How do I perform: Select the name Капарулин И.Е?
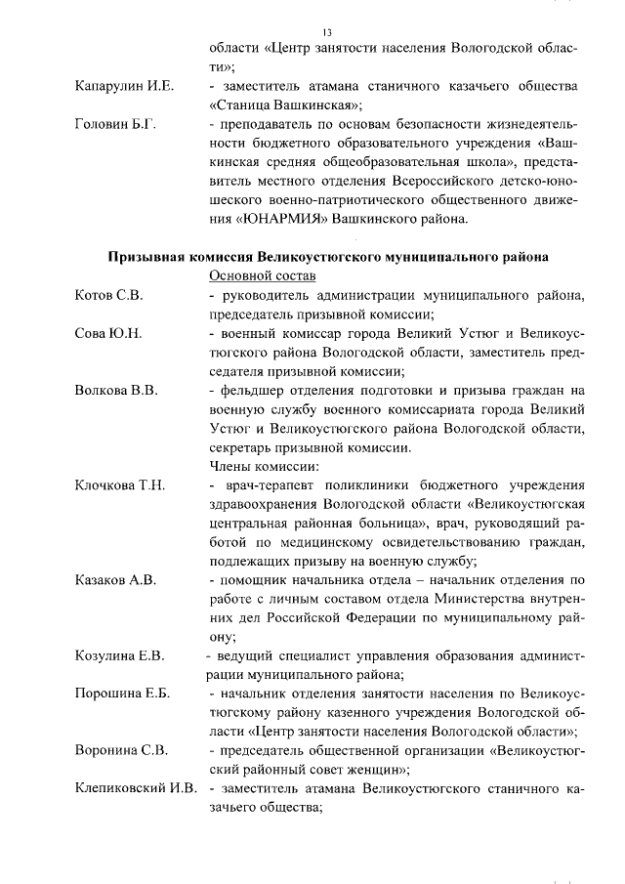click(x=124, y=88)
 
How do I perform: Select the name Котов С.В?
click(x=108, y=295)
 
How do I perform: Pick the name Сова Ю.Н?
click(x=108, y=333)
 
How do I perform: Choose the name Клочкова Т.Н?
click(x=121, y=484)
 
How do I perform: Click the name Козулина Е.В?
click(x=120, y=654)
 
